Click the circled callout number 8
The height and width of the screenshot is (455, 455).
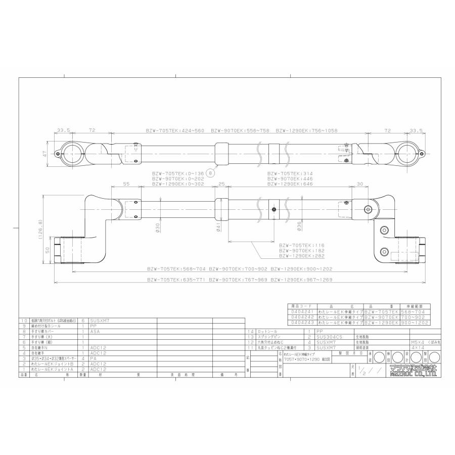(x=210, y=172)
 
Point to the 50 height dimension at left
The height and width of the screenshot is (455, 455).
(x=47, y=251)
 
